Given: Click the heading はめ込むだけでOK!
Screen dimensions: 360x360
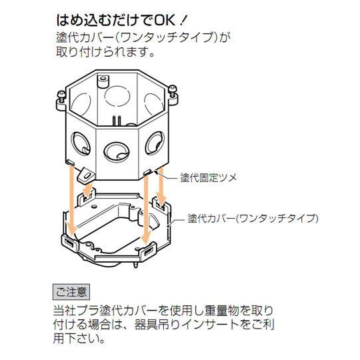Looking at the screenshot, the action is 122,21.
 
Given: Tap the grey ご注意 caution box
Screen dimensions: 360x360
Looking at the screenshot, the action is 71,292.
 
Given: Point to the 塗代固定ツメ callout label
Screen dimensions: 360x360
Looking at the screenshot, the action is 208,178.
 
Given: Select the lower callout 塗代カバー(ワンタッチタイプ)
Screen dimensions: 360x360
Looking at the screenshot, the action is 253,219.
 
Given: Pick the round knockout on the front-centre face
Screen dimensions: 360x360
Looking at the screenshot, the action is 117,151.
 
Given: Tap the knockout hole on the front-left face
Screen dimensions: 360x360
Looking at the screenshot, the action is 81,143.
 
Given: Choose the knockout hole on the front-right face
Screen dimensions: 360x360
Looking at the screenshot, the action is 155,143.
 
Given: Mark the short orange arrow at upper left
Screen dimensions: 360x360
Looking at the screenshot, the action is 88,189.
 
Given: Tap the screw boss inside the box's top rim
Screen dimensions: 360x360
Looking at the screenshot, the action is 102,81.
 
